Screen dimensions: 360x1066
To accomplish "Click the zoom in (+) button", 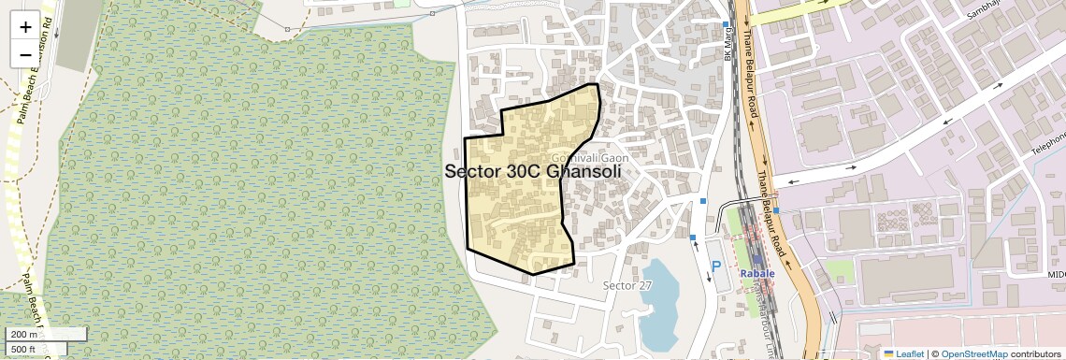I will (25, 26).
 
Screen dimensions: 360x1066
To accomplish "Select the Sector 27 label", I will (627, 285).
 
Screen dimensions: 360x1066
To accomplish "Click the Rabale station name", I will (757, 273).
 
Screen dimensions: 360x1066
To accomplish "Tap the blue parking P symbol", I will (717, 266).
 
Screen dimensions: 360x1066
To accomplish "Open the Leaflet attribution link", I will (903, 353).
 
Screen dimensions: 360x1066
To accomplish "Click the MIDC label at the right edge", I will (1056, 275).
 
